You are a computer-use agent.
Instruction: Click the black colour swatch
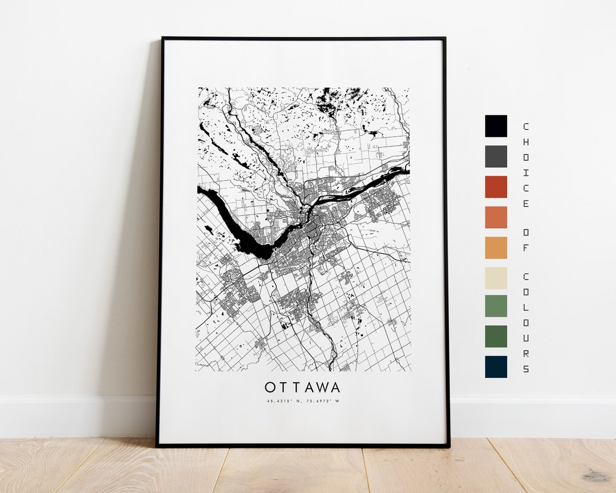coord(496,126)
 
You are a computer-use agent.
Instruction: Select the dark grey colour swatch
coord(496,156)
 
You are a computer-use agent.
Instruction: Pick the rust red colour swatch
coord(496,187)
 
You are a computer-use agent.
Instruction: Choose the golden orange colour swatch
coord(496,248)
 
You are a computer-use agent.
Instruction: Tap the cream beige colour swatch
coord(496,278)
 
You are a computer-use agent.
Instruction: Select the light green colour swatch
coord(496,305)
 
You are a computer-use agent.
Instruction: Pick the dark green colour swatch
coord(496,336)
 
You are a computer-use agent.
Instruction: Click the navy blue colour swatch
coord(496,367)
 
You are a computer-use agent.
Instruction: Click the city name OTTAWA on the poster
coord(302,388)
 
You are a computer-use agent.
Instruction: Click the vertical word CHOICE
coord(525,165)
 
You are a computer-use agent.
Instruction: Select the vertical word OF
coord(525,239)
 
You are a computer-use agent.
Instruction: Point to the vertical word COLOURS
coord(525,322)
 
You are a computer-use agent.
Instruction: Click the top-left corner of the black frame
coord(163,39)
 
